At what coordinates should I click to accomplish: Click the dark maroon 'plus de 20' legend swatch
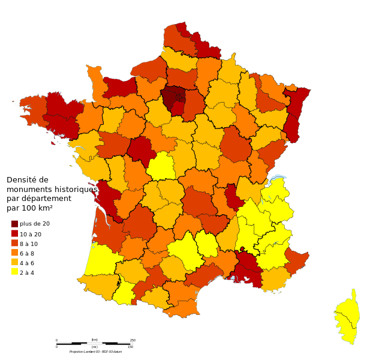[14, 224]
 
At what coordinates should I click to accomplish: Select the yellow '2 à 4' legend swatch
[14, 272]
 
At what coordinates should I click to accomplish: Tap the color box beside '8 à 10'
[14, 243]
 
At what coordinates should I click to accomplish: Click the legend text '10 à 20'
[31, 234]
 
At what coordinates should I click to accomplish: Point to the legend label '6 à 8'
[27, 253]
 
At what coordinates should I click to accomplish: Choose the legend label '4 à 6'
[27, 263]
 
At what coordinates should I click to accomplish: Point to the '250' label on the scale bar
[133, 340]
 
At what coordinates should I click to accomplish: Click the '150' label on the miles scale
[130, 347]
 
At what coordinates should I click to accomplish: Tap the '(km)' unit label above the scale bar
[95, 340]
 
